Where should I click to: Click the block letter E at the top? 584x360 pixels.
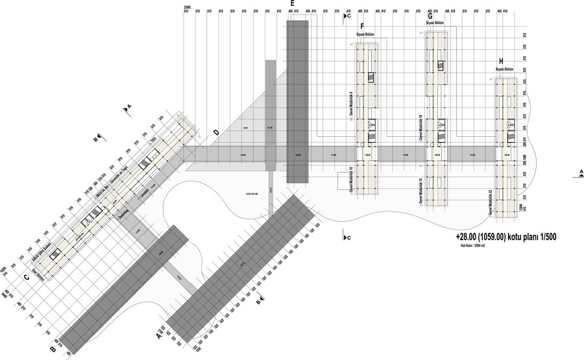[293, 3]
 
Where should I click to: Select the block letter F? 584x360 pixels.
[362, 26]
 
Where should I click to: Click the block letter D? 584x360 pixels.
[215, 133]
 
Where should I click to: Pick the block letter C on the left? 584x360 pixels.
[27, 279]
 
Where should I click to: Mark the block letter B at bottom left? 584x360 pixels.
[52, 350]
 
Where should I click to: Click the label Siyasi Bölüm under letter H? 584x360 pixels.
[504, 69]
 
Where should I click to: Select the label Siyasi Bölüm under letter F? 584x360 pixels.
[365, 34]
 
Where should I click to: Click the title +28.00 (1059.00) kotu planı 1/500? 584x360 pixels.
[505, 238]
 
